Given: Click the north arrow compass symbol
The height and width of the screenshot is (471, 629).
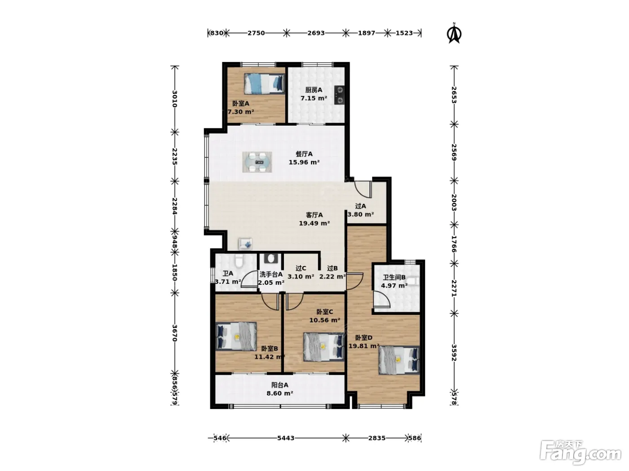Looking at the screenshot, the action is click(x=454, y=33).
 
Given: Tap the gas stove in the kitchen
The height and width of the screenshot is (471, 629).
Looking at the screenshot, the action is click(x=340, y=95).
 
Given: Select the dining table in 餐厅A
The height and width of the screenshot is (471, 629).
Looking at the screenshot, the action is click(x=257, y=162).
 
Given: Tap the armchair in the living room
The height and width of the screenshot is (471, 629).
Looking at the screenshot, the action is click(x=246, y=244).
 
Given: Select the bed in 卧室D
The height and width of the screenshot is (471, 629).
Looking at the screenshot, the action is click(x=399, y=360).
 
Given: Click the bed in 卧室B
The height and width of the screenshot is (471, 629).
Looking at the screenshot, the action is click(x=236, y=336).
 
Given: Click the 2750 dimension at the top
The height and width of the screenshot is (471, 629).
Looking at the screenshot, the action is click(x=256, y=33).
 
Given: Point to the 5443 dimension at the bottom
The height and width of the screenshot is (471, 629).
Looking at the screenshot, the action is click(x=286, y=438).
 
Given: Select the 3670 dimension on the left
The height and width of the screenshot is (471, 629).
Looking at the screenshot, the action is click(x=175, y=333).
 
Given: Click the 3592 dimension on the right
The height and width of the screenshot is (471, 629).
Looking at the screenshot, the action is click(x=454, y=353).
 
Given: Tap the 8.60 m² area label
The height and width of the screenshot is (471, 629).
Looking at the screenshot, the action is click(x=280, y=393).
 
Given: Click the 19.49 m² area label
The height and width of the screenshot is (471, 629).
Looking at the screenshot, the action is click(x=314, y=223).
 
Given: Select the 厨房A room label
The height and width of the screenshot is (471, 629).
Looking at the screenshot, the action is click(x=314, y=90).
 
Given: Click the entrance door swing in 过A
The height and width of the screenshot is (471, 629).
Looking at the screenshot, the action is click(x=363, y=189).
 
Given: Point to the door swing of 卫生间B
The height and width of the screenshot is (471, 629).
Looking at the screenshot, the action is click(x=381, y=299).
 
